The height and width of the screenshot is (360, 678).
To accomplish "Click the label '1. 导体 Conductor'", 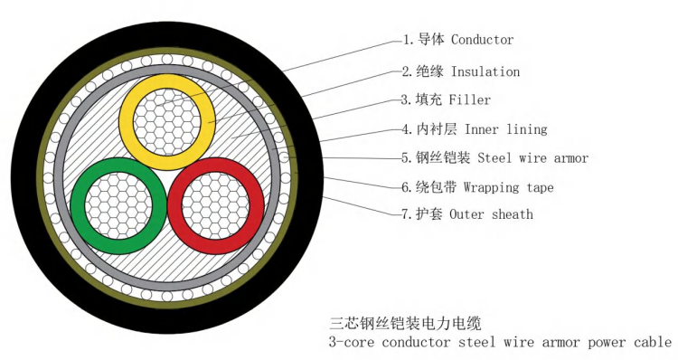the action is tap(457, 40).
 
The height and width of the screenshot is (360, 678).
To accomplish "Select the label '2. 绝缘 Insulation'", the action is tap(461, 71).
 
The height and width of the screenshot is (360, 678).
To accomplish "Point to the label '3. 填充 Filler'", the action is tap(447, 99).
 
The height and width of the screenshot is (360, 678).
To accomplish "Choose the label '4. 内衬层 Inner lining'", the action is tap(475, 129).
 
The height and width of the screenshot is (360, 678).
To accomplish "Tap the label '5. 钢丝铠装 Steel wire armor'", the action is tap(494, 158).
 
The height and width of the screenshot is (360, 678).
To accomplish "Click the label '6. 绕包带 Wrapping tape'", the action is tap(477, 187).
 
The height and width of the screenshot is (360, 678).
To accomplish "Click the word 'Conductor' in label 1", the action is tap(482, 40).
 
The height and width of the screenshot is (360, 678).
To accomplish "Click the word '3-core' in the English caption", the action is tap(351, 343).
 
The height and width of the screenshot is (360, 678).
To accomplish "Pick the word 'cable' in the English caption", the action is tap(652, 343).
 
